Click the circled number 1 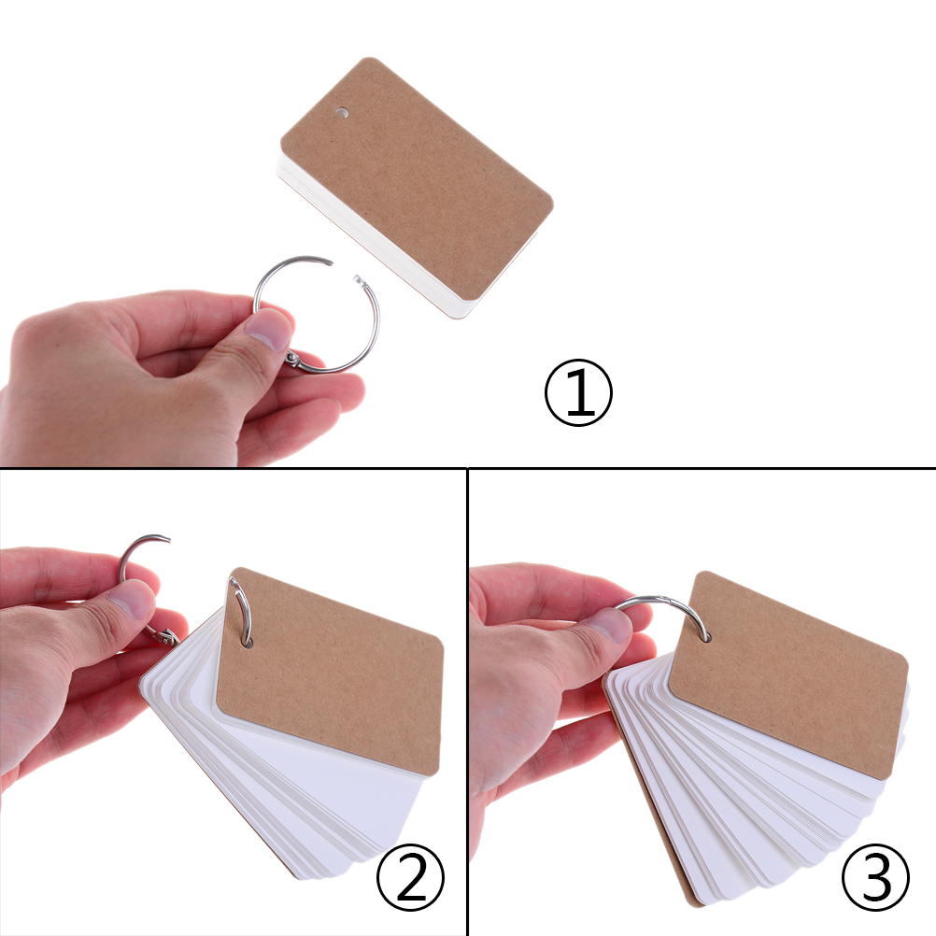(578, 392)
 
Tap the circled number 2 (411, 877)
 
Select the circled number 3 (875, 877)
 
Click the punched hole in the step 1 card (342, 111)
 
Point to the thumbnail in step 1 (269, 332)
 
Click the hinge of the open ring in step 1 (292, 358)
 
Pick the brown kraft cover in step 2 (330, 672)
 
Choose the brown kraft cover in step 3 (788, 674)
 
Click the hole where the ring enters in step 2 (248, 643)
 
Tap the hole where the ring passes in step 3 (706, 637)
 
